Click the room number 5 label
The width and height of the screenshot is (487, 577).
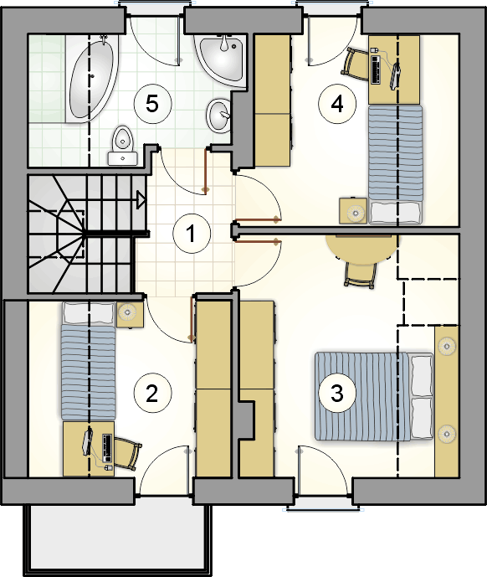(152, 103)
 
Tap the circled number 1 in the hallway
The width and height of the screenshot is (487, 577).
(192, 234)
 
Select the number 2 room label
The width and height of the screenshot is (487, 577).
(152, 394)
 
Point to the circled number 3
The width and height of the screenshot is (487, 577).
(337, 392)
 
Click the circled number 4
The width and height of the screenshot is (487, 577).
(337, 104)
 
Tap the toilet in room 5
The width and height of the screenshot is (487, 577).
(122, 146)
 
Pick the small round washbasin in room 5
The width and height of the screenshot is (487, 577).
(219, 115)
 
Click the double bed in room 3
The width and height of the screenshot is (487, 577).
(374, 396)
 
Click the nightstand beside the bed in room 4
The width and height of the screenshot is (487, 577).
(353, 210)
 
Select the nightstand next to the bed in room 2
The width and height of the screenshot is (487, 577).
(130, 314)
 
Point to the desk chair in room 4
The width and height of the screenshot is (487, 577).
(355, 64)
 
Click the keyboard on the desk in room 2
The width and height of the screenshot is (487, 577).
(107, 448)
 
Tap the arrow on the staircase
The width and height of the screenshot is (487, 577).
(141, 200)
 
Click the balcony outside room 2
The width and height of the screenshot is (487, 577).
(117, 538)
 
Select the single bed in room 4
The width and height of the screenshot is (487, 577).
(396, 164)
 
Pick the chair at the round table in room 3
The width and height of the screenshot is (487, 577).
(361, 275)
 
